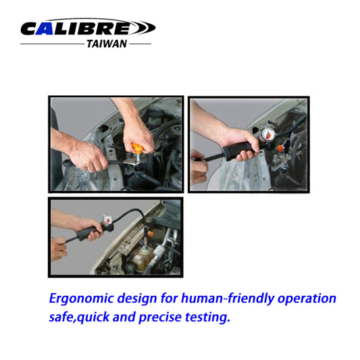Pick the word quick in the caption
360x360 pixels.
102,316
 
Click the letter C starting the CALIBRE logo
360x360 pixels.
30,28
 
